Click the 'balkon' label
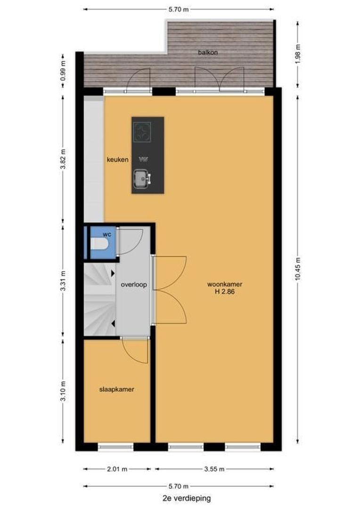tap(208, 52)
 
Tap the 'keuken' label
tap(117, 160)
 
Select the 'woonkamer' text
tap(225, 284)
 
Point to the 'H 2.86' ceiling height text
tap(225, 292)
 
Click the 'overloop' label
tap(134, 285)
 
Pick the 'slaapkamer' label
tap(116, 389)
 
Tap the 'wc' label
tap(107, 234)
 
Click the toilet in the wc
tap(99, 244)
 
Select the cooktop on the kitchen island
tap(142, 132)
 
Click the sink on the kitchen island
tap(142, 179)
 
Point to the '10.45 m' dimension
tap(298, 269)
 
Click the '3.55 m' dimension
tap(214, 469)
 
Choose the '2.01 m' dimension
tap(117, 469)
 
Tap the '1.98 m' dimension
tap(298, 54)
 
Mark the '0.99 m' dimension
tap(63, 70)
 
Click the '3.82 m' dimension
tap(63, 159)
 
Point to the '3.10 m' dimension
tap(63, 391)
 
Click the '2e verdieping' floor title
tap(187, 498)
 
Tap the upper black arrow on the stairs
tap(113, 273)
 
